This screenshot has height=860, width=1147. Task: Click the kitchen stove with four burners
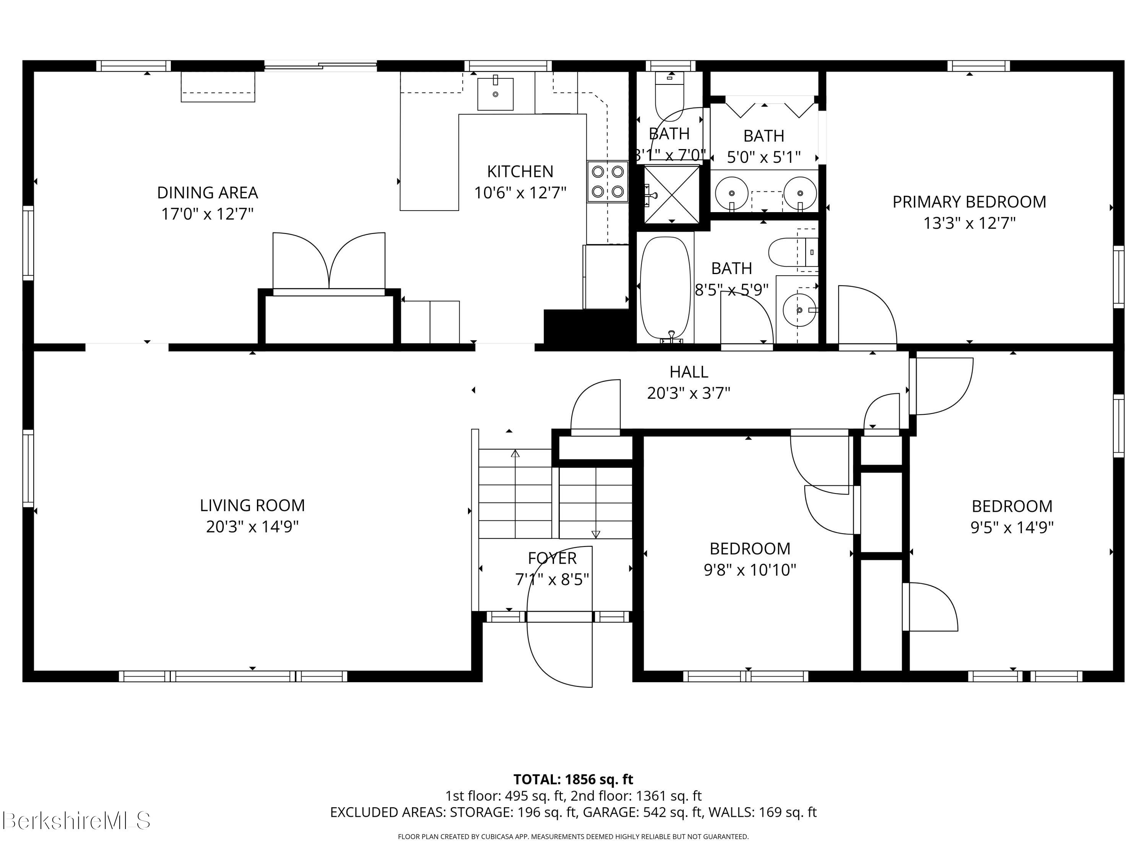(608, 182)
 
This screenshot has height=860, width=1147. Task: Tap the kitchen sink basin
(495, 94)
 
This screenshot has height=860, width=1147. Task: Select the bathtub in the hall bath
(666, 289)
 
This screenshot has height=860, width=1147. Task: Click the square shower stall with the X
(671, 194)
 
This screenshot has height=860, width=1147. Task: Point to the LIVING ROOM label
(252, 505)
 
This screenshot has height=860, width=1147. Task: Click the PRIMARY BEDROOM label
(969, 202)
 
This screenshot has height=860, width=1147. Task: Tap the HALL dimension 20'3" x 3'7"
(689, 393)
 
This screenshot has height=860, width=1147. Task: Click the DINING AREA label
(207, 193)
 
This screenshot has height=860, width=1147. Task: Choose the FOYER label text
(552, 558)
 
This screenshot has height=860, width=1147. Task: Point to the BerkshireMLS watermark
(76, 821)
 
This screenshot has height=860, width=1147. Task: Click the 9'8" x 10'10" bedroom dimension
(750, 570)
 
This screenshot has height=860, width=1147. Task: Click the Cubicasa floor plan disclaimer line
(573, 836)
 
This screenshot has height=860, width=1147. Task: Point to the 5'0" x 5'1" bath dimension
(764, 157)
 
